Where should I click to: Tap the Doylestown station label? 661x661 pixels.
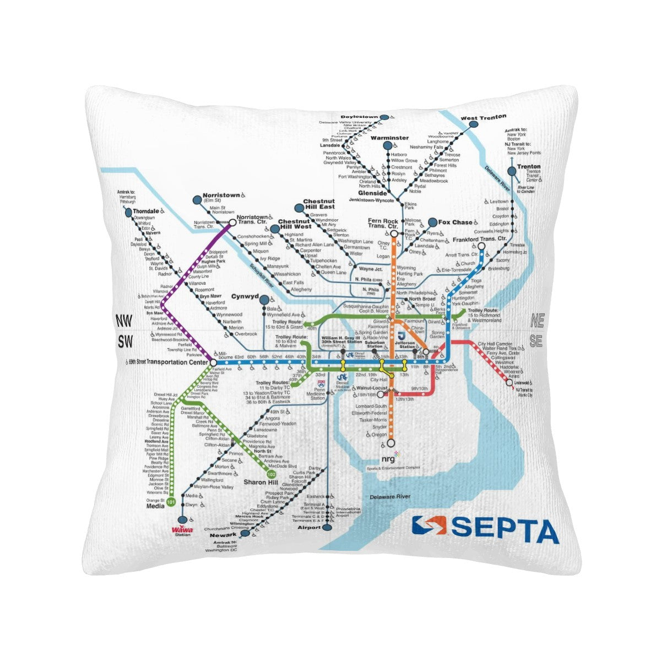tap(359, 117)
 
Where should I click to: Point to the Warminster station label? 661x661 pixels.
tap(389, 138)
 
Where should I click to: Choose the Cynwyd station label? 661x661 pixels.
tap(245, 296)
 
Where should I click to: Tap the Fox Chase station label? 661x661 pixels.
tap(456, 222)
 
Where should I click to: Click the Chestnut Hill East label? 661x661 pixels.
tap(319, 204)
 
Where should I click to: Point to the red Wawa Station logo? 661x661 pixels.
tap(182, 531)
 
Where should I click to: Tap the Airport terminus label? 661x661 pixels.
tap(309, 527)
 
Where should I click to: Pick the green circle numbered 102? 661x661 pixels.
tap(271, 474)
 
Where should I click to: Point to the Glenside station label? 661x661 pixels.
tap(372, 193)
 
